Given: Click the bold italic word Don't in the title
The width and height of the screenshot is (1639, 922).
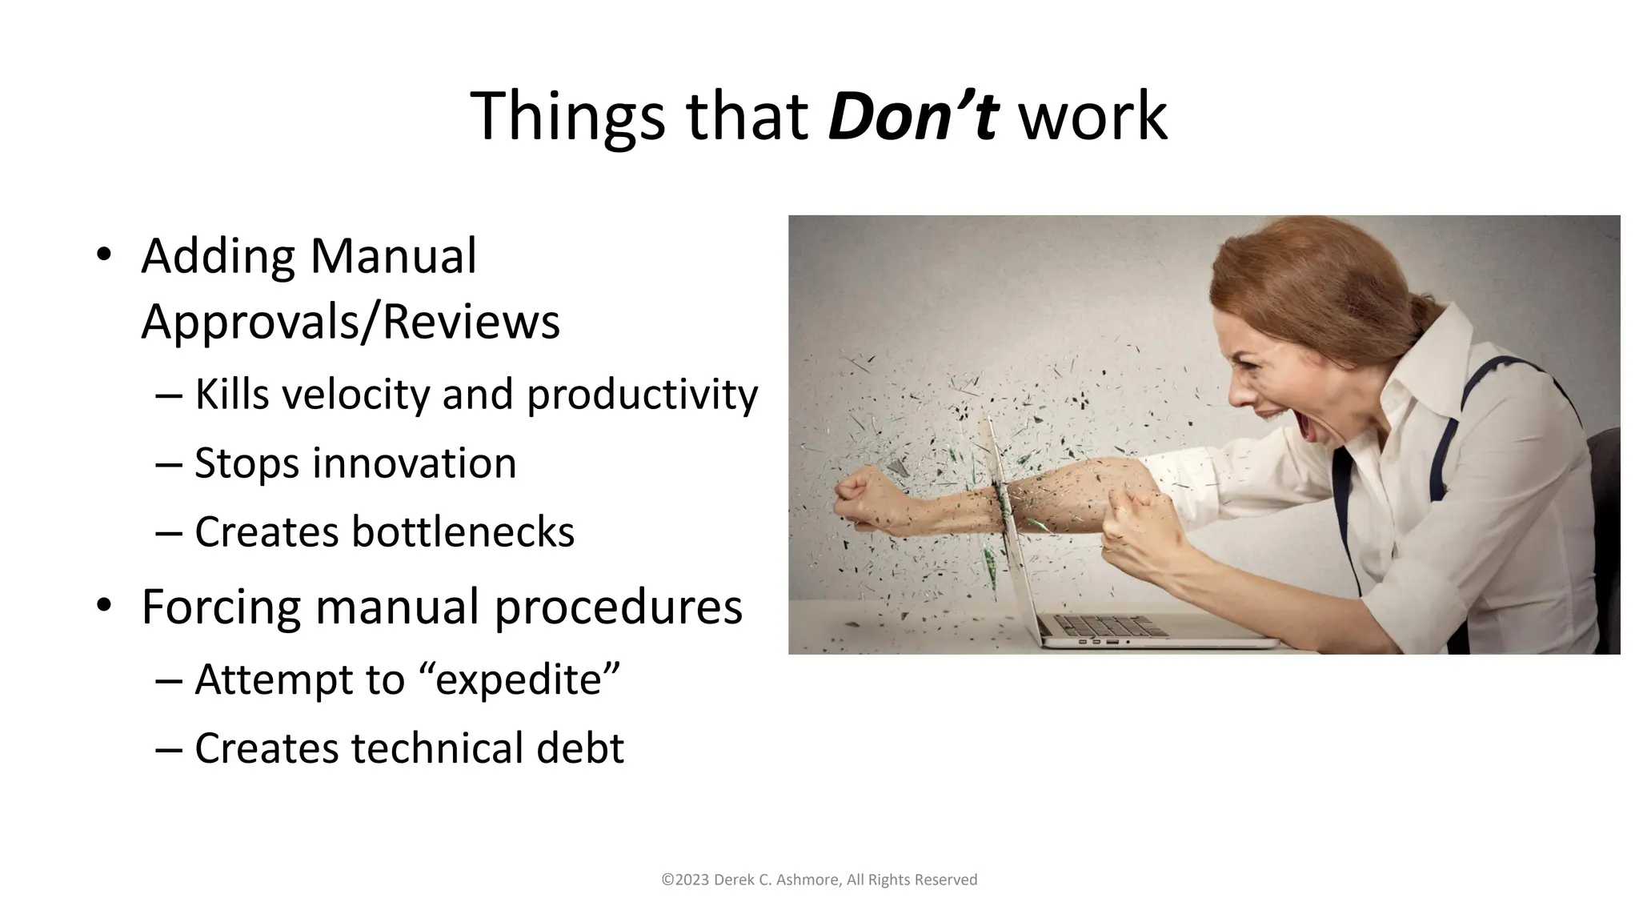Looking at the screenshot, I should pyautogui.click(x=912, y=117).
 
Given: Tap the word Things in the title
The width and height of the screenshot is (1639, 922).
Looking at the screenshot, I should pyautogui.click(x=567, y=117).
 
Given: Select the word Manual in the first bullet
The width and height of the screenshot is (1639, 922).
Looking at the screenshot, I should pyautogui.click(x=393, y=256).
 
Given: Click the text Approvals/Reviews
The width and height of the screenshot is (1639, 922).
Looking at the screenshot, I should pyautogui.click(x=351, y=322).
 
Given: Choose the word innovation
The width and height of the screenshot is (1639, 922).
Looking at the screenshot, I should pyautogui.click(x=414, y=463).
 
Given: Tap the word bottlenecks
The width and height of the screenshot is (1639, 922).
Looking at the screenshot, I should pyautogui.click(x=463, y=531).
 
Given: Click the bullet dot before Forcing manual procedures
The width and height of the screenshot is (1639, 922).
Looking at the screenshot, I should pyautogui.click(x=103, y=606).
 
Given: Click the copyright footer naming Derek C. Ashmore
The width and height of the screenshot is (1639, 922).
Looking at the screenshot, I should pyautogui.click(x=819, y=880).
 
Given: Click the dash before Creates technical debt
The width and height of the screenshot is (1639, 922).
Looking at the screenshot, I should pyautogui.click(x=169, y=749).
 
